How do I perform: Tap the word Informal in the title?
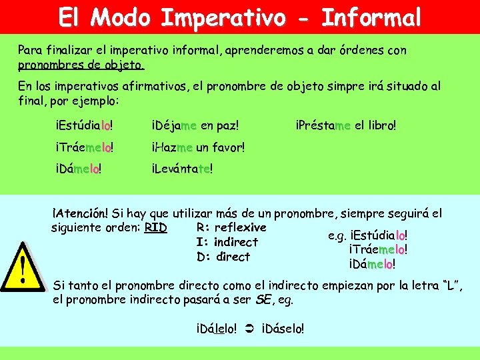tap(371, 17)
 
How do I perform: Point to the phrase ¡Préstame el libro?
tap(346, 125)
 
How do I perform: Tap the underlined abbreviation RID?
tap(155, 227)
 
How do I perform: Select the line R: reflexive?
tap(231, 227)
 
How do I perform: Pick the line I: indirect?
tap(227, 242)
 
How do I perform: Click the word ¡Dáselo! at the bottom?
tap(283, 329)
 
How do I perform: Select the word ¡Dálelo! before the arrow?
tap(217, 329)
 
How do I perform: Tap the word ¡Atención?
tap(81, 213)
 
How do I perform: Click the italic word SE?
tap(263, 300)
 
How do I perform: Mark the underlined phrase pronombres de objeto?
tap(80, 65)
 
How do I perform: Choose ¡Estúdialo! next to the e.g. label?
tap(379, 235)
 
